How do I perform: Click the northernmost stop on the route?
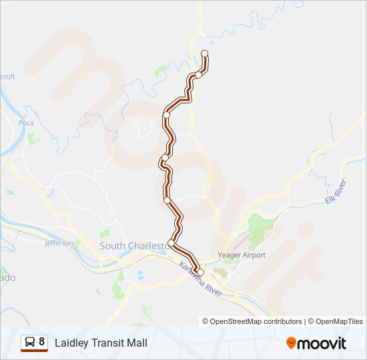point(204,53)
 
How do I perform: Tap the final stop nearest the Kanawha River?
point(200,271)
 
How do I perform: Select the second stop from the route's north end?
point(198,75)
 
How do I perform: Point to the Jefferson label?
point(59,243)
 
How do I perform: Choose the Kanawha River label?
point(200,279)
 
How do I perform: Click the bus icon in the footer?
point(30,343)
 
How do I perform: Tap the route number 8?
point(41,342)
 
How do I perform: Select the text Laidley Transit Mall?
point(101,343)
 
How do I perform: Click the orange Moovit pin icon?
point(291,343)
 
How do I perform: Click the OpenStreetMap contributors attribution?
point(252,321)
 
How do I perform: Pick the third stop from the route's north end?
point(167,115)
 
